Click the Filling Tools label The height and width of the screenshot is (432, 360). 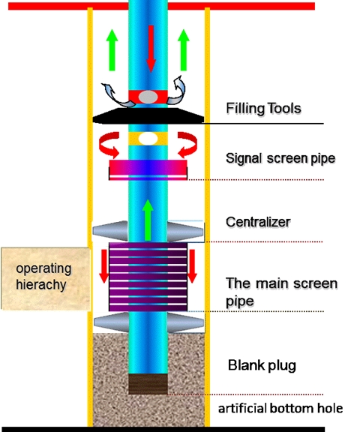click(263, 108)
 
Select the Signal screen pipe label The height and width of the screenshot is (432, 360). click(280, 158)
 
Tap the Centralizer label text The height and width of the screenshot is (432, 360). click(258, 222)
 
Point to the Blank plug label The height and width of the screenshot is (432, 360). click(262, 365)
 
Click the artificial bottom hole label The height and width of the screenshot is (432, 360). click(280, 408)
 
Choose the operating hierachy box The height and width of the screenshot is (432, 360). click(46, 278)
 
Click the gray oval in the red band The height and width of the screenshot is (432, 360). click(148, 97)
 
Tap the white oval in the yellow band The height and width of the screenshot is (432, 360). click(148, 139)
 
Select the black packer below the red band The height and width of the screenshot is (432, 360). click(148, 115)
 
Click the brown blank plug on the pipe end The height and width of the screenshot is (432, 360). click(148, 384)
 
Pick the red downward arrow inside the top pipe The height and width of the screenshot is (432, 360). click(151, 49)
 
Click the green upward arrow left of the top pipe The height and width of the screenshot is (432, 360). click(112, 49)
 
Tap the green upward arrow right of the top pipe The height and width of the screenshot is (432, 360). click(184, 49)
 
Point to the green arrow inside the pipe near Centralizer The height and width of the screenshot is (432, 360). click(148, 220)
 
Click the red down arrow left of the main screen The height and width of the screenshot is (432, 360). click(103, 266)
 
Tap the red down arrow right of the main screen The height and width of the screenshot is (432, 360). click(192, 266)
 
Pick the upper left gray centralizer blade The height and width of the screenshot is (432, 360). click(111, 231)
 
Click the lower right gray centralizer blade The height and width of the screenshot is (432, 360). click(185, 322)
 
